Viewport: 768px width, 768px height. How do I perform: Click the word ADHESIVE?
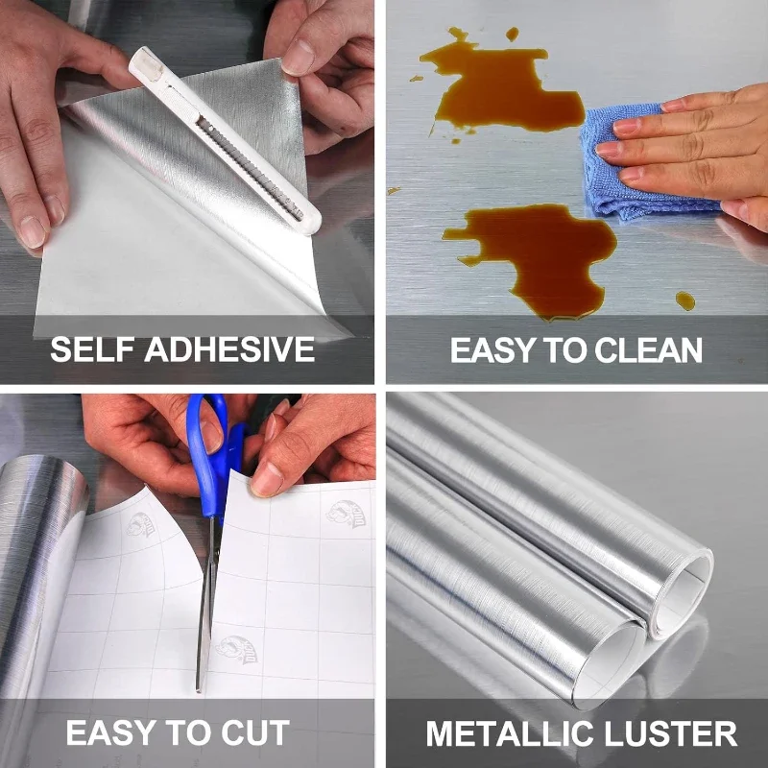229,349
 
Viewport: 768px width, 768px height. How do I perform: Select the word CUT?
255,732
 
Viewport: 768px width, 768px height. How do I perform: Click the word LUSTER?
670,733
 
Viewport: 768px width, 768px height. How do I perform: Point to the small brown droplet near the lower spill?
685,300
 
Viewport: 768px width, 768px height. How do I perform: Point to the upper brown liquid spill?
499,88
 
